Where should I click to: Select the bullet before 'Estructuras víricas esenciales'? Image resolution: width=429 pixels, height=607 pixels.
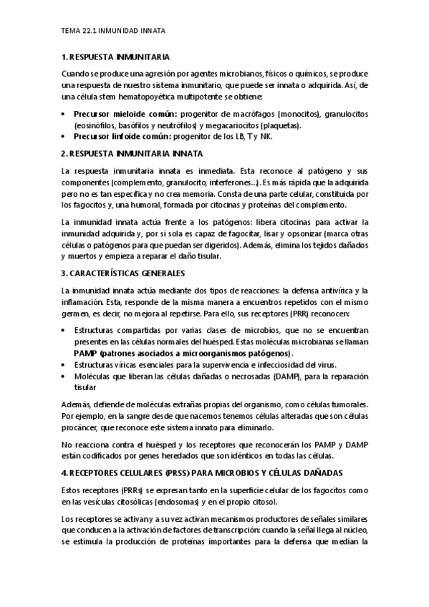(65, 364)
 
